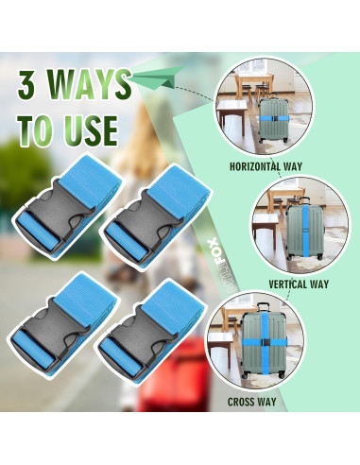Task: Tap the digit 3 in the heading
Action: coord(26,85)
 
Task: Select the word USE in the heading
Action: coord(92,130)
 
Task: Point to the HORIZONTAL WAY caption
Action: coord(266,166)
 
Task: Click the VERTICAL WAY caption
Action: coord(299,284)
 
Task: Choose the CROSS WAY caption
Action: coord(251,402)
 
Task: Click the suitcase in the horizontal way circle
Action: coord(273,120)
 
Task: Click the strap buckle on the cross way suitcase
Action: coord(266,342)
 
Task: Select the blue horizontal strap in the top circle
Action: coord(274,118)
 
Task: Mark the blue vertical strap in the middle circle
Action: coord(305,231)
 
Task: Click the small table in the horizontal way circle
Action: coord(231,113)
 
